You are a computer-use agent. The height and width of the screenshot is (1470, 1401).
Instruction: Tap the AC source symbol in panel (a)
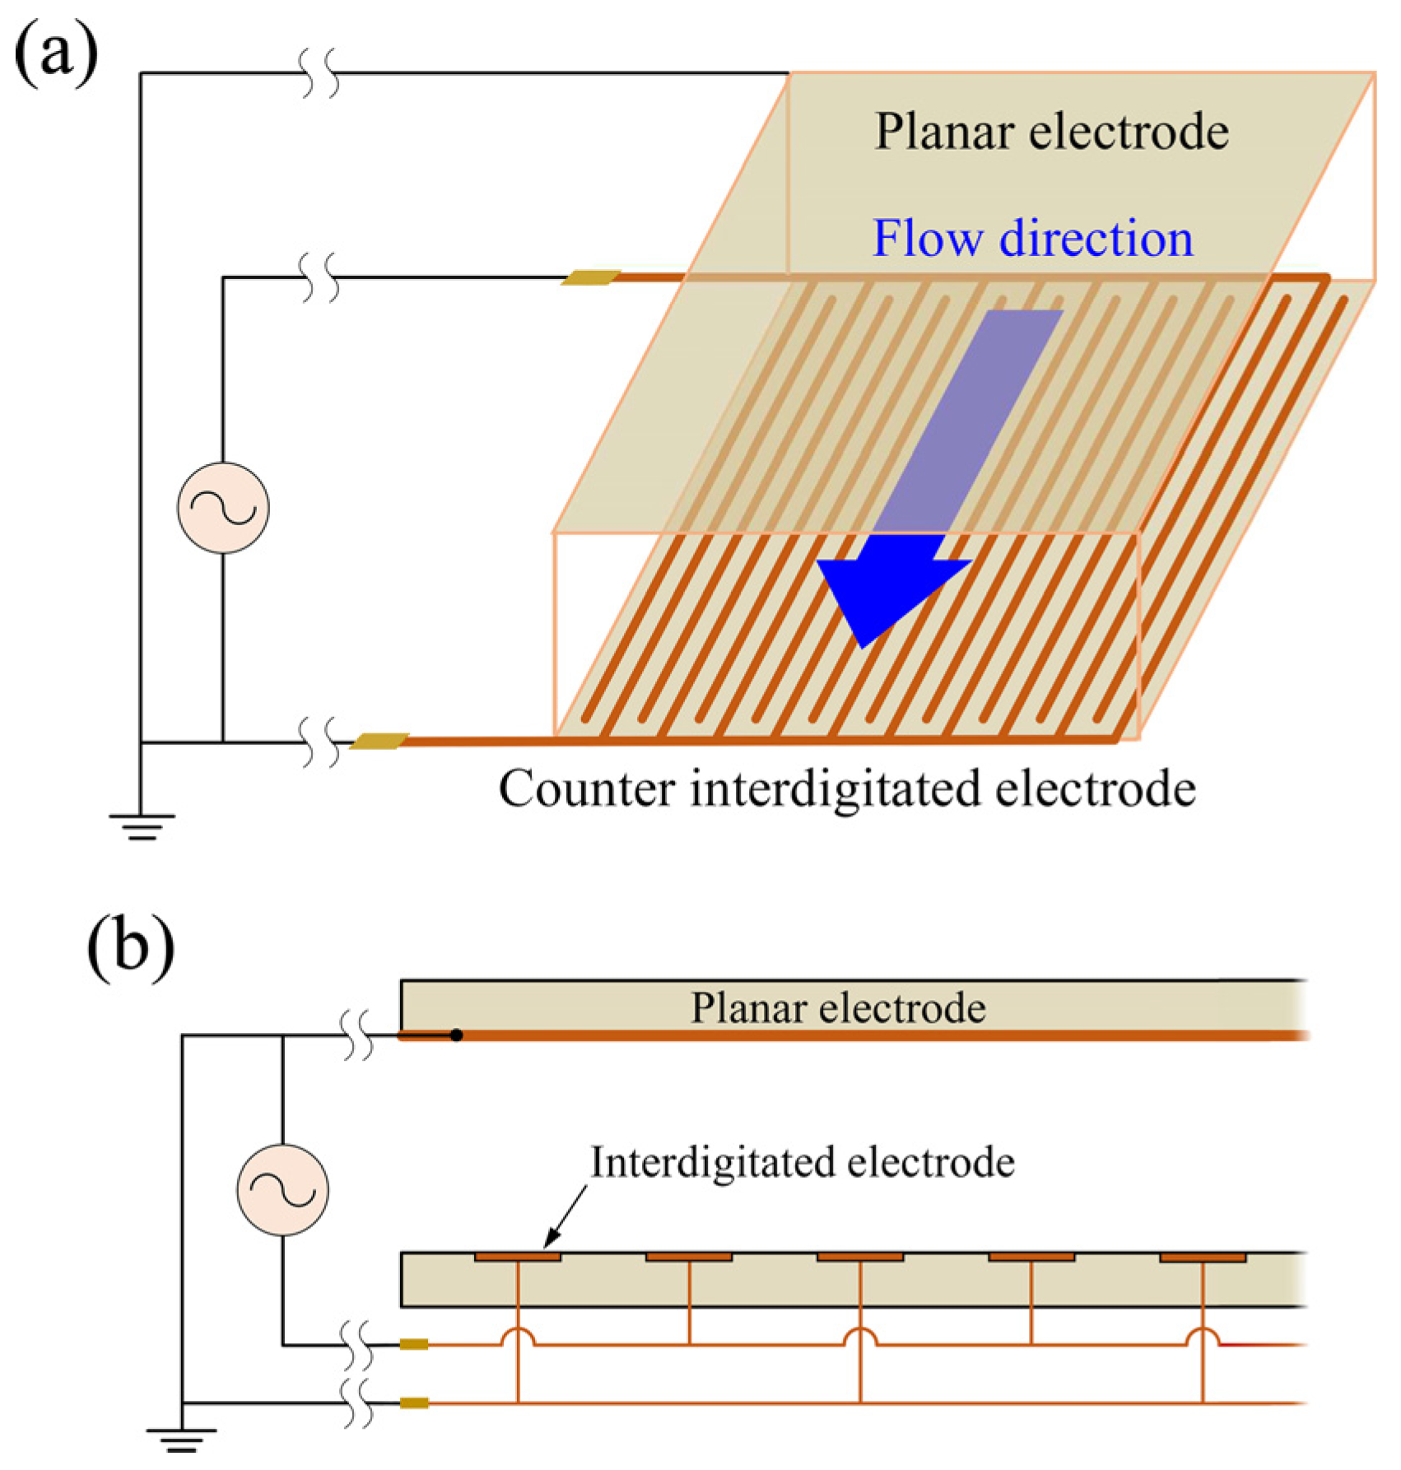[223, 508]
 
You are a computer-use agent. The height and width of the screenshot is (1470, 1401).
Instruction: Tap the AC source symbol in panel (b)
[282, 1189]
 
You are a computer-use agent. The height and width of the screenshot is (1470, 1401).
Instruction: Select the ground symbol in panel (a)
[142, 826]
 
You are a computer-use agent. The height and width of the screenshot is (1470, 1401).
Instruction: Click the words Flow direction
[1032, 239]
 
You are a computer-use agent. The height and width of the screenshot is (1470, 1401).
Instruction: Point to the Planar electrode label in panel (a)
[1051, 132]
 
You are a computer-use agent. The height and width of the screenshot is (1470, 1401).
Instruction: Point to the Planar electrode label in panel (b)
[837, 1007]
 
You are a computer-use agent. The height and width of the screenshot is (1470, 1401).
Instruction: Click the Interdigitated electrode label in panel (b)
[803, 1162]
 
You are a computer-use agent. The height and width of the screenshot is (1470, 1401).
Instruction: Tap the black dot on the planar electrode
[456, 1035]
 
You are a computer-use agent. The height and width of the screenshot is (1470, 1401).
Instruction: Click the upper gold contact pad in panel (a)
[590, 278]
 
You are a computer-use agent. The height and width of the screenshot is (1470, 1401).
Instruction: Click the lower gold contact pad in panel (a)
[379, 742]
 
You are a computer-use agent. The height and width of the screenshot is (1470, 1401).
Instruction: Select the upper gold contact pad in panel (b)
[414, 1345]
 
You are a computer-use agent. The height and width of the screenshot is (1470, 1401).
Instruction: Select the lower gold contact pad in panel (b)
[414, 1403]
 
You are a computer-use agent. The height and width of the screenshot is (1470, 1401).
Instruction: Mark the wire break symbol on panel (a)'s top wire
[320, 73]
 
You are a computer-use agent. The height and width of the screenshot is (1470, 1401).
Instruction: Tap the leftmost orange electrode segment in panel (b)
[518, 1257]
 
